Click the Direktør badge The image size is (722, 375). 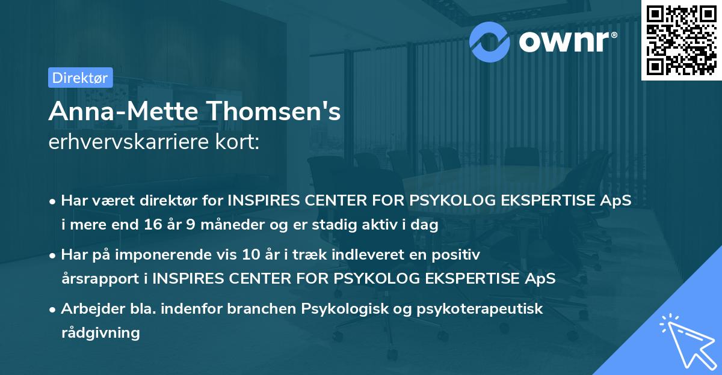pos(80,78)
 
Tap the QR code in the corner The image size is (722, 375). pos(681,40)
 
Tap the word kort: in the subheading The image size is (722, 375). pos(240,142)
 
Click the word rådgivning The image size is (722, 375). pos(100,332)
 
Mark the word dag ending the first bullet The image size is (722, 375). pos(427,225)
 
